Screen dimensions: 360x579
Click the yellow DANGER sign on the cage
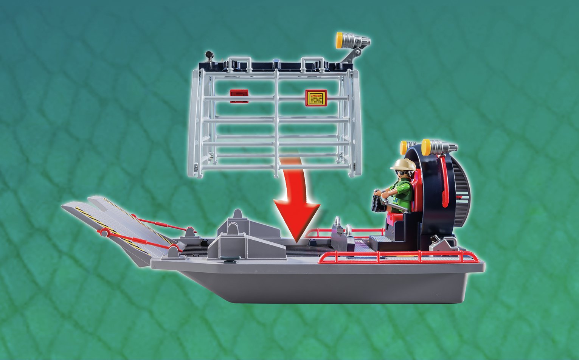pyautogui.click(x=316, y=98)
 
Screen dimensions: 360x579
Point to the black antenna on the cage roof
pyautogui.click(x=209, y=57)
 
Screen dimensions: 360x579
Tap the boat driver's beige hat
pyautogui.click(x=401, y=164)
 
